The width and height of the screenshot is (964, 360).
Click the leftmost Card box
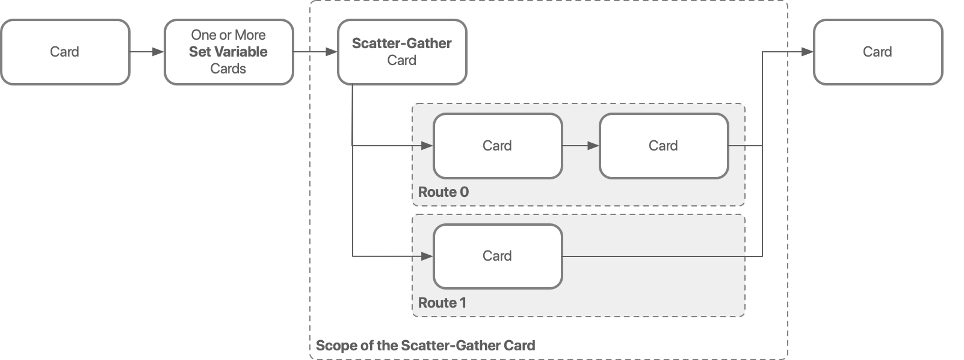coord(64,52)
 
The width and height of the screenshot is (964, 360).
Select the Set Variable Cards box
coord(229,52)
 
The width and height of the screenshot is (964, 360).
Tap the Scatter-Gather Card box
coord(401,52)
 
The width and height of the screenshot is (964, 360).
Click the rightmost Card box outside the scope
coord(877,52)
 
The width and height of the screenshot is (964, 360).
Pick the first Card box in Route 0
coord(497,146)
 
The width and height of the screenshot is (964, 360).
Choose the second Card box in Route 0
coord(663,146)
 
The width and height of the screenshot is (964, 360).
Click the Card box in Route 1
coord(497,256)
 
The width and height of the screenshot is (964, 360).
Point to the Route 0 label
coord(443,192)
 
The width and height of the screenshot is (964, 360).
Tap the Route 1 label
coord(442,303)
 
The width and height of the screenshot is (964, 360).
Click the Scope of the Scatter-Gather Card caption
coord(425,346)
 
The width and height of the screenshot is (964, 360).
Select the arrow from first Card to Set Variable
coord(146,52)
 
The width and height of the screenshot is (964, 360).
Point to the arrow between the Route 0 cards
coord(580,146)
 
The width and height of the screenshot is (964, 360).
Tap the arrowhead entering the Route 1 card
coord(427,256)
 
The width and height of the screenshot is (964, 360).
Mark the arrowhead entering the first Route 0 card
coord(427,146)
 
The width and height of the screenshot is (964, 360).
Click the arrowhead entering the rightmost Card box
coord(808,52)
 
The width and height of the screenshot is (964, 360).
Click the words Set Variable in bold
coord(228,52)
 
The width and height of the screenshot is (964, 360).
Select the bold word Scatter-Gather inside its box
coord(401,43)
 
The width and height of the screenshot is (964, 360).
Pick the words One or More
coord(228,35)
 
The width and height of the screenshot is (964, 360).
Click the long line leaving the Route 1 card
coord(662,256)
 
